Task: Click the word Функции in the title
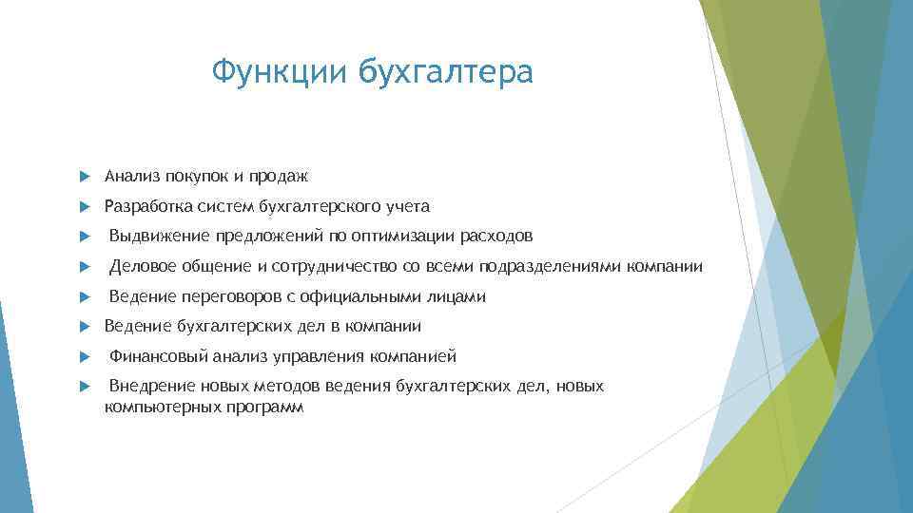(279, 71)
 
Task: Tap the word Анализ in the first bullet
(132, 176)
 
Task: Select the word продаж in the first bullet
(280, 176)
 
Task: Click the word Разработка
(148, 206)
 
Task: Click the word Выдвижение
(156, 237)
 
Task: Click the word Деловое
(142, 267)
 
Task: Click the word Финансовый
(154, 357)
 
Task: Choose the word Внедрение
(152, 387)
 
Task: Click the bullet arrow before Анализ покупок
(86, 177)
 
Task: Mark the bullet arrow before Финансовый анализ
(86, 357)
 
